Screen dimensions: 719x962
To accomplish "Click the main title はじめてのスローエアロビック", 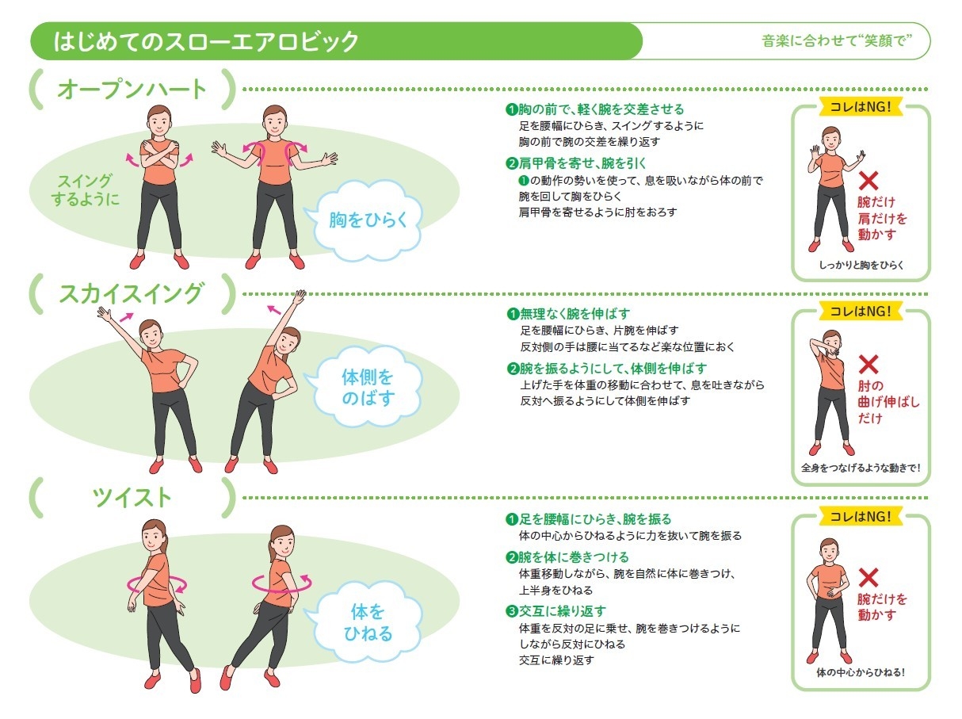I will click(206, 41).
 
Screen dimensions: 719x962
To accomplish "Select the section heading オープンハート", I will click(132, 89).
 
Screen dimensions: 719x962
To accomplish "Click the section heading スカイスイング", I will click(132, 293).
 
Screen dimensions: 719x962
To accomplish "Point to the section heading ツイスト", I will click(132, 497).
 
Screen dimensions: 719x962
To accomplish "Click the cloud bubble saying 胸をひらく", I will click(368, 220).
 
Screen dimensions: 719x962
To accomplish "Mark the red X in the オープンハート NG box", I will click(868, 180).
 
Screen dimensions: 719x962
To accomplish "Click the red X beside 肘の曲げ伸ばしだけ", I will click(868, 364).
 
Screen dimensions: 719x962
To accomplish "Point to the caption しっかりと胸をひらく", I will click(861, 265).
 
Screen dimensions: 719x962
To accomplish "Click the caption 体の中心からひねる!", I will click(861, 672).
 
